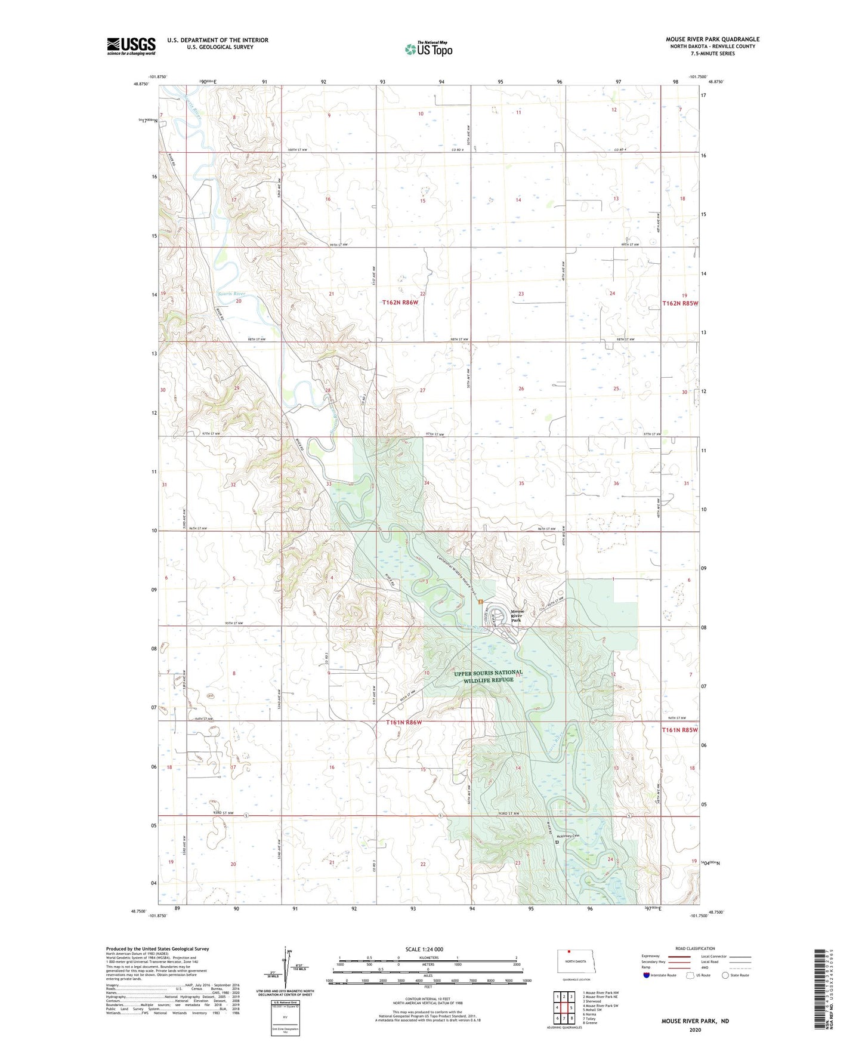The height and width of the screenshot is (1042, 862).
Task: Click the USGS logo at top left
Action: (131, 45)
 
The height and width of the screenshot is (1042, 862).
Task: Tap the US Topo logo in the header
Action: (428, 49)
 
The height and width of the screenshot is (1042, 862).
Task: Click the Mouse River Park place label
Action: (517, 616)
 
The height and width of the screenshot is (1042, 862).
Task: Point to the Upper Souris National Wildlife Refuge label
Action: (488, 676)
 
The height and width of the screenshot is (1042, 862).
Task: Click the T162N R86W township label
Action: (400, 303)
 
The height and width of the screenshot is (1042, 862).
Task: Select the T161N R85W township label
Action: (679, 730)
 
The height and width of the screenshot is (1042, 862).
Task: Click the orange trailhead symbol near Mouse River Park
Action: (480, 602)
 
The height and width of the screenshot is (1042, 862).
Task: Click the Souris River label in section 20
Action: (231, 294)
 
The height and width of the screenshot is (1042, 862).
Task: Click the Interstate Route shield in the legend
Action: (648, 975)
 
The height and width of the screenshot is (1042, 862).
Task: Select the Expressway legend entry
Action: (650, 956)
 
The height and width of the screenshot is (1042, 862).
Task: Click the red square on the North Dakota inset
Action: (569, 952)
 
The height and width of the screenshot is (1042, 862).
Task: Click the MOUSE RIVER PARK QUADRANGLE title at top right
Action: (712, 39)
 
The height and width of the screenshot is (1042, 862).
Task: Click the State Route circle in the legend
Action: (725, 975)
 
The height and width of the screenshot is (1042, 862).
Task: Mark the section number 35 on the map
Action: (521, 483)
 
